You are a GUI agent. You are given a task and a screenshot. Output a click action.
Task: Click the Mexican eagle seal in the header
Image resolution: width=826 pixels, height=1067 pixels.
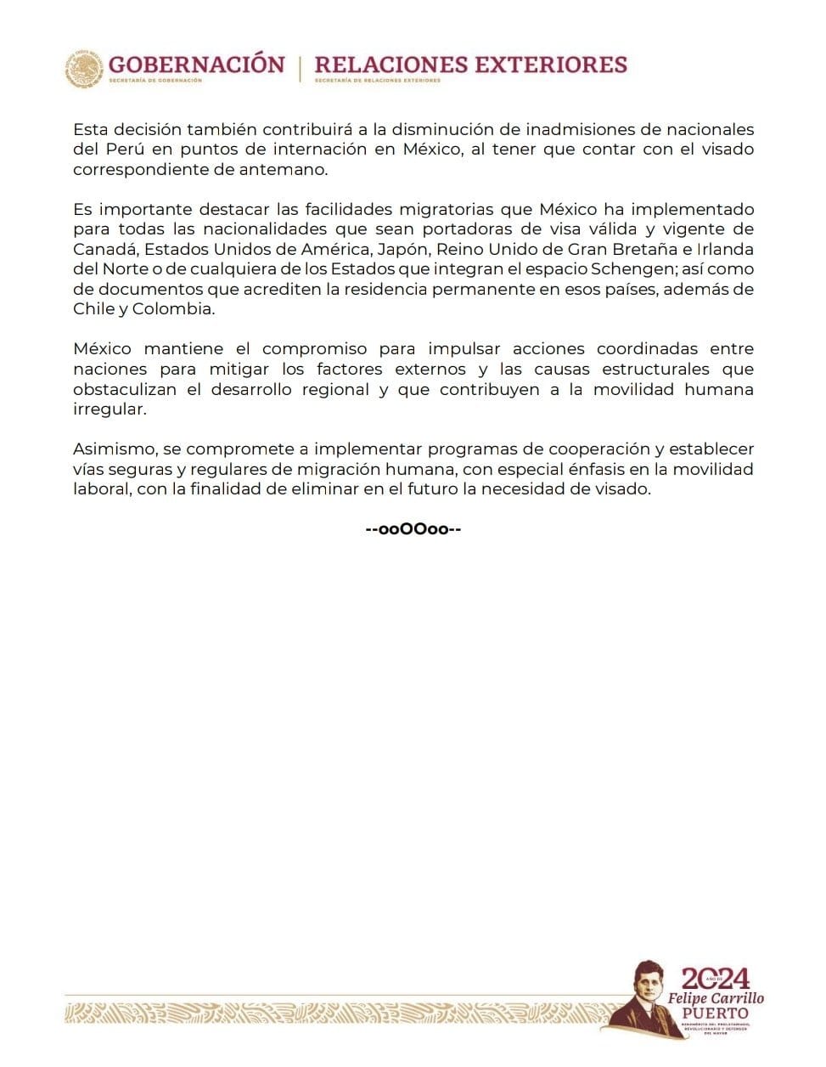pos(84,68)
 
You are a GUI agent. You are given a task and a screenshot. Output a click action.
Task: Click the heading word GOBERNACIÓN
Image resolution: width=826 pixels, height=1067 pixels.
pos(196,65)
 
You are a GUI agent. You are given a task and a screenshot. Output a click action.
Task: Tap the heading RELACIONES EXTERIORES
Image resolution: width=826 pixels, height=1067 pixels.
pos(470,65)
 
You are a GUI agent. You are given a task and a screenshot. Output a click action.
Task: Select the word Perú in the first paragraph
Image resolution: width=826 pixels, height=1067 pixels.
pos(120,150)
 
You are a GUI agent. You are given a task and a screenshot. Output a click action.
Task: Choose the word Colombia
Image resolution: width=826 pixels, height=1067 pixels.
pos(177,309)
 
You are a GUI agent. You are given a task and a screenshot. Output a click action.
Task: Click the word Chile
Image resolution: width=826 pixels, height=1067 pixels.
pos(93,309)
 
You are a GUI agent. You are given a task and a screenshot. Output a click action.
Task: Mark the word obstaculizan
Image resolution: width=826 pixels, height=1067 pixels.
pos(125,389)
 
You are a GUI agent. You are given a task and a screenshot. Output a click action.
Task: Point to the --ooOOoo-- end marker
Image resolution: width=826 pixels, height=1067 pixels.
pos(413,529)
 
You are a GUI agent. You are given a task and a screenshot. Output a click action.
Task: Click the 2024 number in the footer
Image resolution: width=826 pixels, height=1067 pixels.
pos(716,978)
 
